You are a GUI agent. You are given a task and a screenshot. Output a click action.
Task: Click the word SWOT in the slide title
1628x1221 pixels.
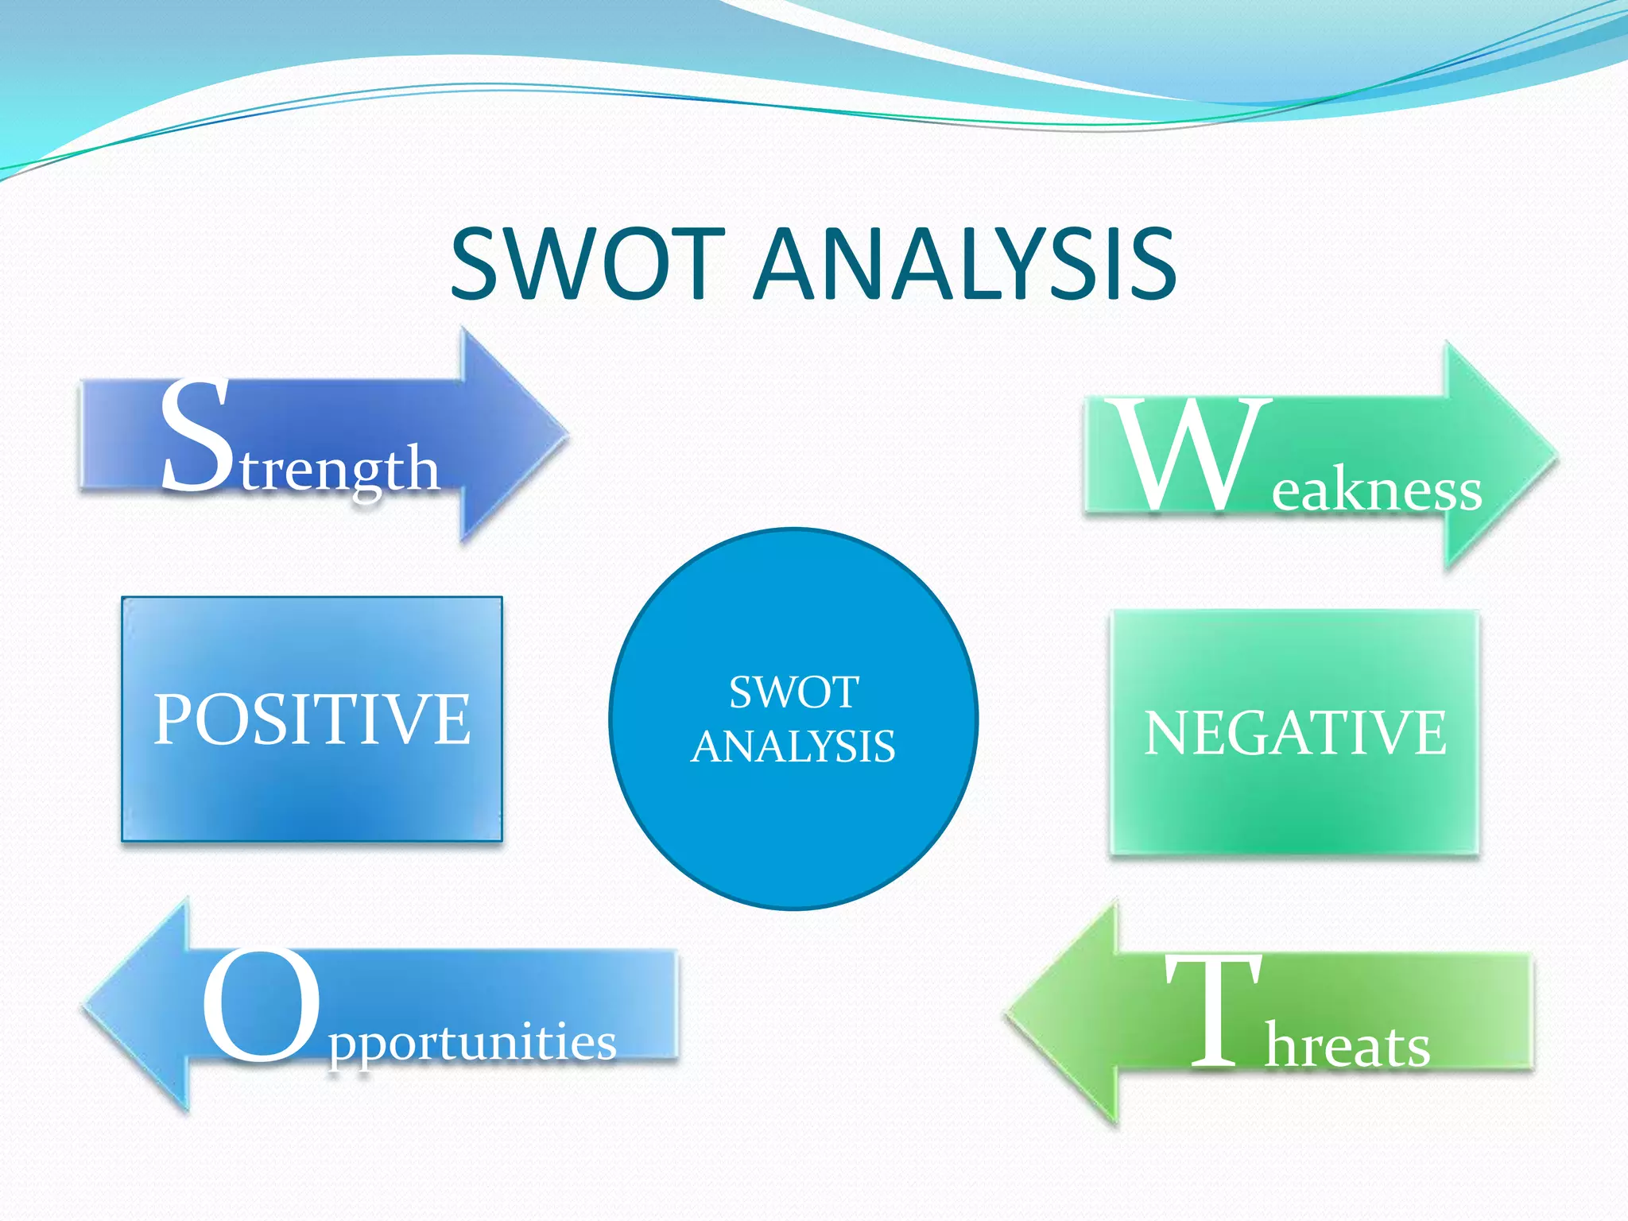coord(587,264)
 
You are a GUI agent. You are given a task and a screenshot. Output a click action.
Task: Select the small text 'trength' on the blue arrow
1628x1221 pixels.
coord(340,469)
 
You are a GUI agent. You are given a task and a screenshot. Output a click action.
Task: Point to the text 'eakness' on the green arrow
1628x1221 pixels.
coord(1376,490)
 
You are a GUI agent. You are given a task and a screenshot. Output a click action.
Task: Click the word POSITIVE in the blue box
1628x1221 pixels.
coord(312,719)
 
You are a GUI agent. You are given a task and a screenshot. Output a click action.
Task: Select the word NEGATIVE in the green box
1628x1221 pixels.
coord(1295,733)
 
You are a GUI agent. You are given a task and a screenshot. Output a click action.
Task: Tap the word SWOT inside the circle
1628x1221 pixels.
coord(793,692)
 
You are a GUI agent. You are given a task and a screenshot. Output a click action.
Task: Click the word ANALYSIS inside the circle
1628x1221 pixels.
coord(793,746)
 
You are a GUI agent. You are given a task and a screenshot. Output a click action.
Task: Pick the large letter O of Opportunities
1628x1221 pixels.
coord(261,1006)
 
